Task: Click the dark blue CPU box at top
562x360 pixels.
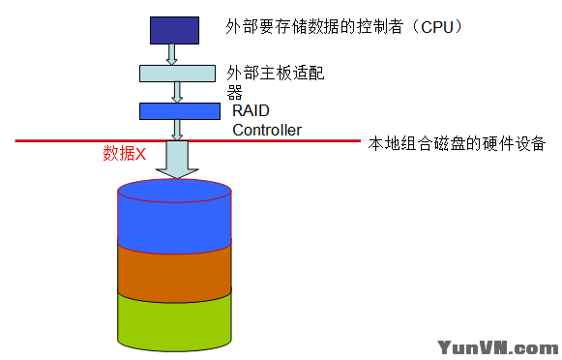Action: (x=173, y=28)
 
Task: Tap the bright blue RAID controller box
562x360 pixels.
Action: (x=180, y=111)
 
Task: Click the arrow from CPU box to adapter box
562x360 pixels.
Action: (x=172, y=54)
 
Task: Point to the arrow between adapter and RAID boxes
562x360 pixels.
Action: (x=178, y=92)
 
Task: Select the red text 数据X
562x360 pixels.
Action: (x=124, y=154)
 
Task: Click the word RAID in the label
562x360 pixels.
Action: (x=251, y=112)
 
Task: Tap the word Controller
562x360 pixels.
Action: (x=267, y=130)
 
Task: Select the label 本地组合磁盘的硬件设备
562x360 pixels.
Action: (x=458, y=144)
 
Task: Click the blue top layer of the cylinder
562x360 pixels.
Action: (x=174, y=218)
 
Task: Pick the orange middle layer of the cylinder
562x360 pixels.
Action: (x=174, y=269)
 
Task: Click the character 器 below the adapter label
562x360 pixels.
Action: (x=233, y=93)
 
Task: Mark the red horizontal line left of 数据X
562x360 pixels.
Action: (x=58, y=141)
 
